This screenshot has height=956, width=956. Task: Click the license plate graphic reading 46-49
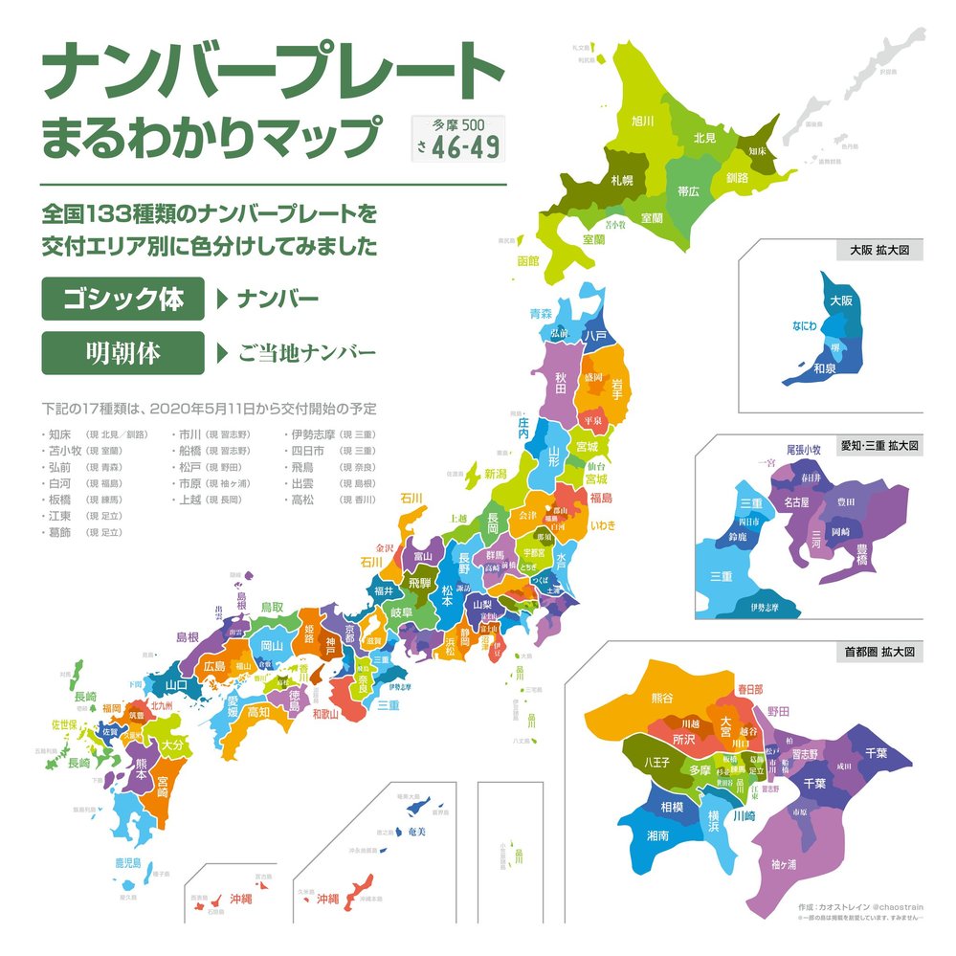[458, 138]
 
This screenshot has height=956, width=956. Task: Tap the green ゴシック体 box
[122, 299]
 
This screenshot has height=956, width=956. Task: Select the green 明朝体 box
[122, 353]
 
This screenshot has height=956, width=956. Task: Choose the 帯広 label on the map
[688, 191]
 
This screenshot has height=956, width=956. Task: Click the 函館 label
[528, 260]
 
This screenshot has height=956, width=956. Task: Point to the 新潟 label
[495, 473]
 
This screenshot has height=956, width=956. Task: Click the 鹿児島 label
[128, 862]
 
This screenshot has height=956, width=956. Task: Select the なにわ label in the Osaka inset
[804, 326]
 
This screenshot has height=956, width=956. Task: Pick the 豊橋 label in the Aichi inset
[861, 554]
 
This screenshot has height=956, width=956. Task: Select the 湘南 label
[656, 834]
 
